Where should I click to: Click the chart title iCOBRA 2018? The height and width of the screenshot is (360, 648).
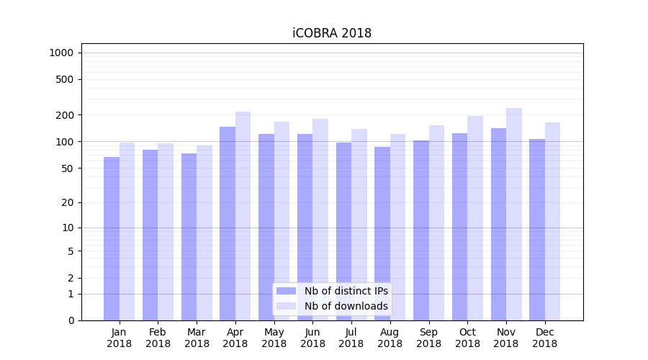pos(332,33)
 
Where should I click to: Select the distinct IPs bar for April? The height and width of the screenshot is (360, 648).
pos(228,223)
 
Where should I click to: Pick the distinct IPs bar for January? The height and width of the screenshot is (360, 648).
pos(112,238)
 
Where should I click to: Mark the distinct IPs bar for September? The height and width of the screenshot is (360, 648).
pos(421,230)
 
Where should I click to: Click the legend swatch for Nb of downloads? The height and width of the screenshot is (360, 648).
pos(286,306)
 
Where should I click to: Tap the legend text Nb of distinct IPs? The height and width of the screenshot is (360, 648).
pos(346,291)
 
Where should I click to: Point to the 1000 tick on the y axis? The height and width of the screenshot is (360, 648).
pos(61,53)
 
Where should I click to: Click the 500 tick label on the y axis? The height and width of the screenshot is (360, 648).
pos(66,79)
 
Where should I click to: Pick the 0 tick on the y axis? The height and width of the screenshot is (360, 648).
pos(71,320)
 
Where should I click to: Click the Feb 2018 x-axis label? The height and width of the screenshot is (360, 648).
pos(158,338)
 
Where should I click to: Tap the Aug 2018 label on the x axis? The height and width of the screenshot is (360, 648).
pos(390,338)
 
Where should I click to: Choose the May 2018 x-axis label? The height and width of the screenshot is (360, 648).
pos(274,338)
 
